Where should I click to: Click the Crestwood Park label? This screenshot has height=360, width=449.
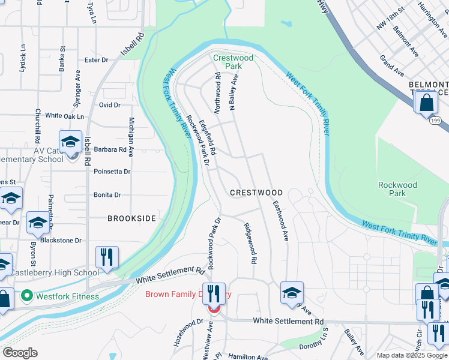(234, 62)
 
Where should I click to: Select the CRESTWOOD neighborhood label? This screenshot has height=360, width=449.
(256, 193)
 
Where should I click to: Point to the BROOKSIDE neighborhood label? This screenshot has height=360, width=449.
(131, 218)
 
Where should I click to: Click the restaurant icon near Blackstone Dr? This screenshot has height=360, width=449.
(107, 257)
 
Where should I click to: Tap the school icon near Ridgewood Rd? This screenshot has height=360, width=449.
(292, 293)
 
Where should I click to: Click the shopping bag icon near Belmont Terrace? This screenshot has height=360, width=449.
(426, 102)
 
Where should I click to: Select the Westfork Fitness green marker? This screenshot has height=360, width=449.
(26, 296)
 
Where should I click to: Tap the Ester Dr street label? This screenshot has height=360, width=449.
(96, 60)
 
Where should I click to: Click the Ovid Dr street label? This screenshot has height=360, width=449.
(110, 105)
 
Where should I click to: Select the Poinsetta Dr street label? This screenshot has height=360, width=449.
(112, 172)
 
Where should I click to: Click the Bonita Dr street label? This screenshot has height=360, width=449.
(107, 195)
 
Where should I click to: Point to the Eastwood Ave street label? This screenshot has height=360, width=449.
(280, 221)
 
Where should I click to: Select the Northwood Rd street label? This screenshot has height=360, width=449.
(218, 94)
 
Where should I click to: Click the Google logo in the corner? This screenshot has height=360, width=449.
(20, 353)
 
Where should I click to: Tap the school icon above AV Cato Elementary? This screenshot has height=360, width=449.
(70, 142)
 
